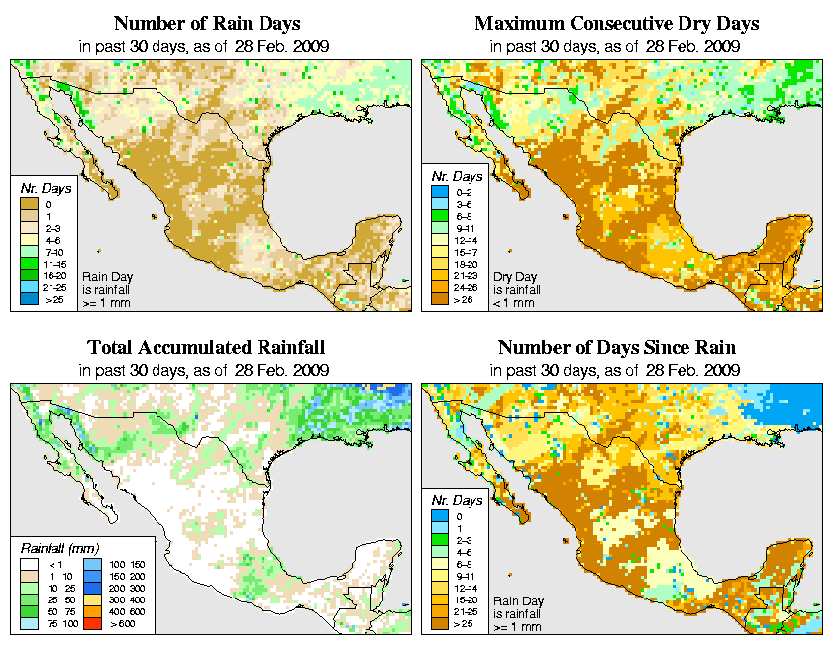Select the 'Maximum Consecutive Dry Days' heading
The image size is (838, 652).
[x=616, y=23]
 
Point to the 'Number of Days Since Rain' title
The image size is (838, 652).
[x=616, y=348]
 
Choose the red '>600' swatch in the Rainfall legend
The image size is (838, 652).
[x=90, y=626]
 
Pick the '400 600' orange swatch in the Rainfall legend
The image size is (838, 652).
[x=90, y=614]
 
